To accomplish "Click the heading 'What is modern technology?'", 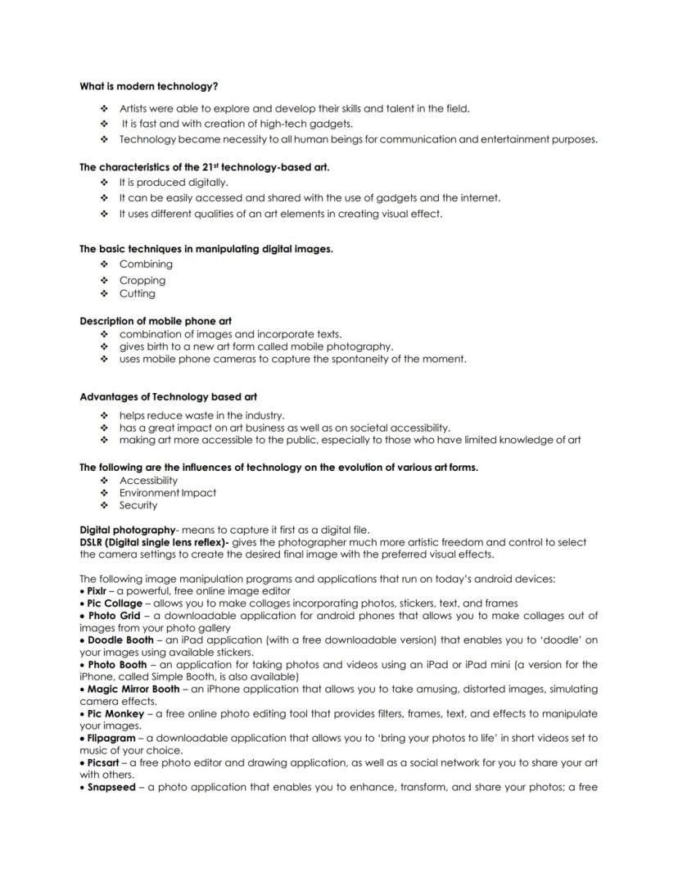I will (x=148, y=86).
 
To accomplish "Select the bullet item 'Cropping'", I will (x=142, y=280).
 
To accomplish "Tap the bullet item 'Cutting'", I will (x=137, y=293).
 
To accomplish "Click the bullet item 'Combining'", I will (x=146, y=264).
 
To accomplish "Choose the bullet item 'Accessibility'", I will (x=148, y=481).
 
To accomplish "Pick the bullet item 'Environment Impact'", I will (x=168, y=493).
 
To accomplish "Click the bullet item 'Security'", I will (x=138, y=505).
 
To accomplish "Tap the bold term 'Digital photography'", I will (x=128, y=530).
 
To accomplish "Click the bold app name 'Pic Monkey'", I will (x=115, y=714).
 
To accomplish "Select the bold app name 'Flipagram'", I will (x=114, y=739).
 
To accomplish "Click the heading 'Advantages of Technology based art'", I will (x=168, y=397).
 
